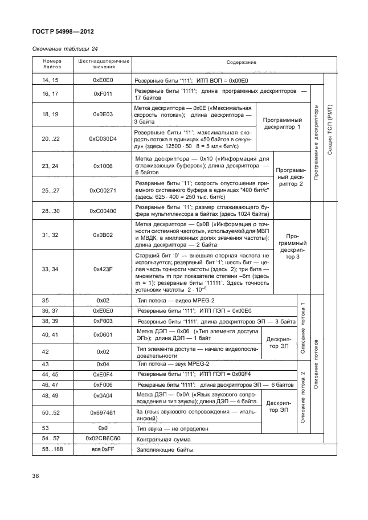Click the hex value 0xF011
pos(103,93)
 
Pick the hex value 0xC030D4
pos(103,138)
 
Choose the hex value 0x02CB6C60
pos(103,439)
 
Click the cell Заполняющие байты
pos(165,450)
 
